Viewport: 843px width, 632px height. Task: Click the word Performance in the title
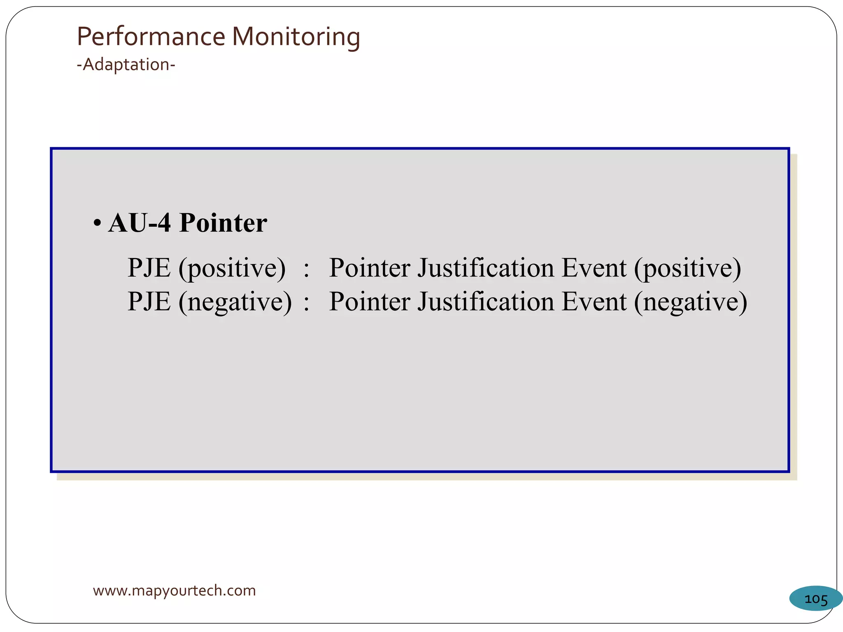[x=151, y=37]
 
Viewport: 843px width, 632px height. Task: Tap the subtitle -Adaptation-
[x=126, y=65]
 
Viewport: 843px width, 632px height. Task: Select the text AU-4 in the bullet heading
[x=140, y=223]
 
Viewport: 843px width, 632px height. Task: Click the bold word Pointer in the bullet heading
[x=223, y=223]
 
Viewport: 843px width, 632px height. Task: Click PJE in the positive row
[x=149, y=268]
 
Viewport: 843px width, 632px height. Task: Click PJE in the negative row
[x=149, y=302]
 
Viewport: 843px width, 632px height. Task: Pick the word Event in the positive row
[x=594, y=268]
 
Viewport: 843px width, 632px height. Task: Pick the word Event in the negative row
[x=594, y=302]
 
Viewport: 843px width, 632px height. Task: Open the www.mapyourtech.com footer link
[x=174, y=591]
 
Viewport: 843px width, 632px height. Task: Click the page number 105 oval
[x=815, y=599]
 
